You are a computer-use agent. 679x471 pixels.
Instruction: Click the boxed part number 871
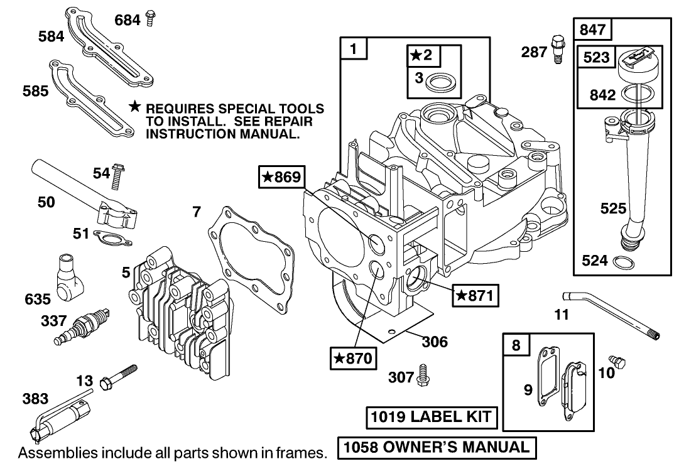(475, 295)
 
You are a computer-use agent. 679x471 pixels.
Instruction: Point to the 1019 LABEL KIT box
(433, 417)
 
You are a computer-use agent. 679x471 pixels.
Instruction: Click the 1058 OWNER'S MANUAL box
(437, 447)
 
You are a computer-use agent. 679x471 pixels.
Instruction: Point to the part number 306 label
(434, 342)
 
